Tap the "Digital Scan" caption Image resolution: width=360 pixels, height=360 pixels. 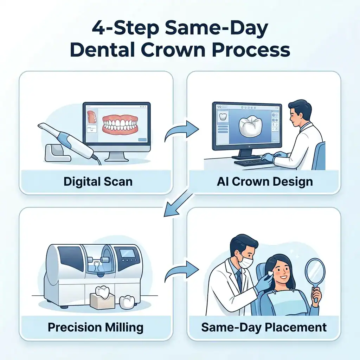pos(98,181)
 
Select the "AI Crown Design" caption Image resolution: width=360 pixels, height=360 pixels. pos(264,181)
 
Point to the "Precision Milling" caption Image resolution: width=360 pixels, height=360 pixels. pos(96,327)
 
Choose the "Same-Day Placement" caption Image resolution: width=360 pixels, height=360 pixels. pos(264,327)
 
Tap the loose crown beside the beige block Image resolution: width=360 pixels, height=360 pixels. pos(127,302)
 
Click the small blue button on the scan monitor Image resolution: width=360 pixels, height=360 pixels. pos(142,140)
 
